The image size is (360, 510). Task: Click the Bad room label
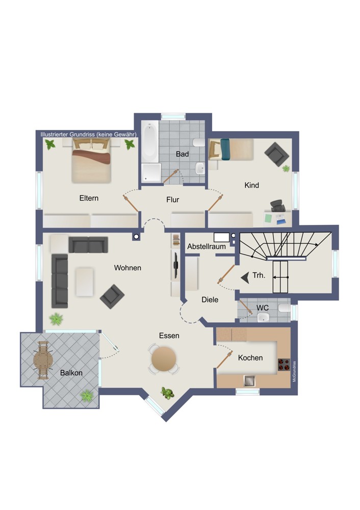click(x=182, y=154)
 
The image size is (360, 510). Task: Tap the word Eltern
click(x=89, y=198)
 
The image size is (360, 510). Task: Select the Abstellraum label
click(x=207, y=246)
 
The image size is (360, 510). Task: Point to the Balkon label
click(x=71, y=373)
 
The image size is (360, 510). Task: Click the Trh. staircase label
click(x=259, y=275)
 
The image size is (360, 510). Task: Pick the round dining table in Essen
click(x=164, y=359)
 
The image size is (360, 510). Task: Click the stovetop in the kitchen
click(x=284, y=365)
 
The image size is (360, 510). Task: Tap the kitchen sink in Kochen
click(x=249, y=380)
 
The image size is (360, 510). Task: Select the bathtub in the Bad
click(x=150, y=142)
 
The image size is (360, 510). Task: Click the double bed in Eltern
click(x=91, y=160)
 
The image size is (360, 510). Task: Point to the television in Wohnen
click(x=175, y=265)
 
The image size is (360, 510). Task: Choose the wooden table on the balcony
click(x=43, y=360)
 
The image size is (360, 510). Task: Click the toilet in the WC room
click(x=284, y=308)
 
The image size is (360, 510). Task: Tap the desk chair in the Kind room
click(x=277, y=206)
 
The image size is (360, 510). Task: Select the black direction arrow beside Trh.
click(x=245, y=278)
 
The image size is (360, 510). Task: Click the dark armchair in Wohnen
click(x=112, y=297)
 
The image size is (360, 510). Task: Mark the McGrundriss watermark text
click(x=294, y=371)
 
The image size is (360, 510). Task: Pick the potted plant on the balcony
click(x=87, y=396)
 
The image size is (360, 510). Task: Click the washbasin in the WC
click(x=263, y=317)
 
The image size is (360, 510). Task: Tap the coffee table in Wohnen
click(x=84, y=282)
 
